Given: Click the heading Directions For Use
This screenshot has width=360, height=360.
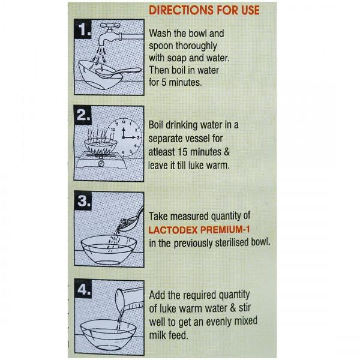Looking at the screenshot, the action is click(x=204, y=10).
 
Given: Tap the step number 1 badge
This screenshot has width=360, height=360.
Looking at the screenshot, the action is click(x=83, y=29).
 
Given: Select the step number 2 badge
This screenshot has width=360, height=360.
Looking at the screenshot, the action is click(x=83, y=115).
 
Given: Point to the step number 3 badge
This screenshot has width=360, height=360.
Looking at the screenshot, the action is click(x=83, y=201).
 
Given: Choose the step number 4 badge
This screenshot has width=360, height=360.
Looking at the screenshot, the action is click(x=83, y=289).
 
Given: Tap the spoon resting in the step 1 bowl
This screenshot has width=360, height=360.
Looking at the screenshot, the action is click(x=118, y=73).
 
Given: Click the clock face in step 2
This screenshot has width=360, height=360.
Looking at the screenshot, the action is click(x=124, y=138).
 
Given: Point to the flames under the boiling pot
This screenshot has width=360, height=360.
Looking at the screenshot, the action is click(x=100, y=151).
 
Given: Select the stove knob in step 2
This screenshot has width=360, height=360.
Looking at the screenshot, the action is click(x=101, y=163).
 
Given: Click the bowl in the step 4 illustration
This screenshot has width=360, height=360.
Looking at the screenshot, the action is click(x=109, y=335).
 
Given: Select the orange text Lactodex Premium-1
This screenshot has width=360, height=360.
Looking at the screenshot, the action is click(x=199, y=230).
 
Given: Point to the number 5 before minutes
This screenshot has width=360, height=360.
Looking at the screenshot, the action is click(x=163, y=82).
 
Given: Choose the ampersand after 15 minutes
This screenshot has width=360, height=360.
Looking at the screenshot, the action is click(x=226, y=152).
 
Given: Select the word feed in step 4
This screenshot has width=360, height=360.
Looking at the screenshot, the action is click(x=178, y=335).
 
